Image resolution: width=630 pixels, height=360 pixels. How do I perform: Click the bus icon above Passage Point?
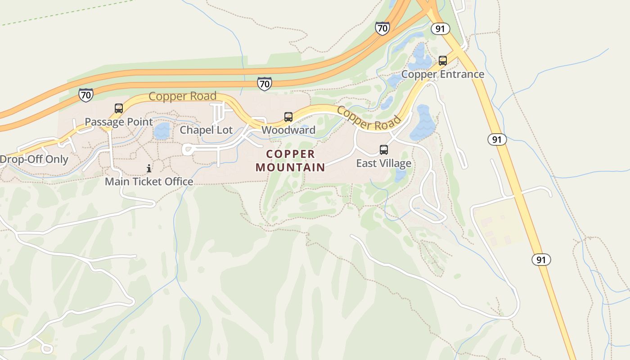[119, 108]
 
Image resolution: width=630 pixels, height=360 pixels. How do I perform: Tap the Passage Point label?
[119, 122]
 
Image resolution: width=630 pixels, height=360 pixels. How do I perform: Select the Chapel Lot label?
[207, 130]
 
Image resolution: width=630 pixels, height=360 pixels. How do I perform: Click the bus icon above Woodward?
[288, 117]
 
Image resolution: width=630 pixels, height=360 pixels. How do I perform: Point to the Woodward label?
[288, 130]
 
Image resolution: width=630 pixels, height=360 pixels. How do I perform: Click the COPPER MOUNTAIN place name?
[290, 161]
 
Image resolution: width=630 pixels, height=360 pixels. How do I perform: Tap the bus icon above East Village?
[384, 150]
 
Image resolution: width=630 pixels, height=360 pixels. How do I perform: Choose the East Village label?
[384, 163]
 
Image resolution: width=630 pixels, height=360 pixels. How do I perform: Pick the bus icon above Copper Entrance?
[443, 61]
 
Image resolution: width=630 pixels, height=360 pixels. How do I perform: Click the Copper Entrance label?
[443, 74]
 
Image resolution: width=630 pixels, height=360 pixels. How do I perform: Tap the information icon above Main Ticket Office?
[149, 168]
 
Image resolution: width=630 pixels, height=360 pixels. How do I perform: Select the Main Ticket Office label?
[149, 181]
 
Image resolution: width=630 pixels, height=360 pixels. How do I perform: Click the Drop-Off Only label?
[34, 159]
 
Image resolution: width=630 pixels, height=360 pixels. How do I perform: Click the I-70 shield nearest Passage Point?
[85, 95]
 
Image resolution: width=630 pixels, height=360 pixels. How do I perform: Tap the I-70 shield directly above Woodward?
[265, 84]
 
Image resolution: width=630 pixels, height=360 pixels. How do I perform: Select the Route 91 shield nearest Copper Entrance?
[440, 29]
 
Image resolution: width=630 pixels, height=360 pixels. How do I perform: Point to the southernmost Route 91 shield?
[541, 260]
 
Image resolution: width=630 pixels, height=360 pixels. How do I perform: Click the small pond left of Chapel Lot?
[162, 131]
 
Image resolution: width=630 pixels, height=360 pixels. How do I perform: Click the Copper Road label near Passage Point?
[183, 96]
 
